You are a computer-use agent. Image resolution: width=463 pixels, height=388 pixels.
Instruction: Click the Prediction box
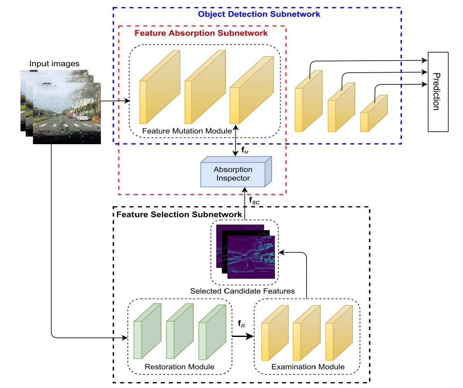point(437,92)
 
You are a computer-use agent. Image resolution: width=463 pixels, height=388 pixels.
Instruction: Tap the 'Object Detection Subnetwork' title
point(259,14)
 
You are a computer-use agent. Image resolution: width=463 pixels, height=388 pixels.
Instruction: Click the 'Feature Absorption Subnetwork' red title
point(201,33)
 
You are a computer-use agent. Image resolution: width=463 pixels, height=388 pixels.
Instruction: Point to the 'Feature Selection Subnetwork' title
point(179,214)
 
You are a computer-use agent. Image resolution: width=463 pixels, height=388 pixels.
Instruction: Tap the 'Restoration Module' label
point(179,366)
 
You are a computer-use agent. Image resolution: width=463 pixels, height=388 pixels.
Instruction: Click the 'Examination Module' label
point(308,366)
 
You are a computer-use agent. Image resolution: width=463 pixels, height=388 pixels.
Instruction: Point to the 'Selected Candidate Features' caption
point(243,291)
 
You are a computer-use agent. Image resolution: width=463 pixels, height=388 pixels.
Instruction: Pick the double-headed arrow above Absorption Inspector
point(236,143)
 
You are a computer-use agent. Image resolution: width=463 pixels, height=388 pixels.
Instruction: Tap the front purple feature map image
point(251,257)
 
